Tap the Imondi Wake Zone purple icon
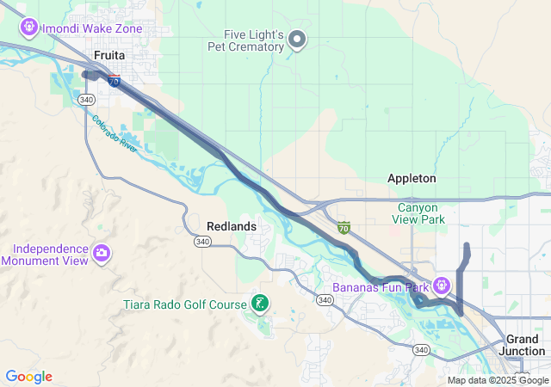coord(28,28)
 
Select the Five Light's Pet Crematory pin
coord(297,39)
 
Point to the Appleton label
coord(412,178)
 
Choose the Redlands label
coord(232,225)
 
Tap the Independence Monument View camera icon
coord(102,253)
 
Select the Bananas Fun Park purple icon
coord(442,284)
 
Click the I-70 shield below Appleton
coord(344,228)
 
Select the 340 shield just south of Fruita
coord(85,100)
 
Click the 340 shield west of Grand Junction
coord(421,349)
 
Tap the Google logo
coord(28,377)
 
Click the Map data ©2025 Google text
coord(498,380)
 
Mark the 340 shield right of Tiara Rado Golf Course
coord(324,299)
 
